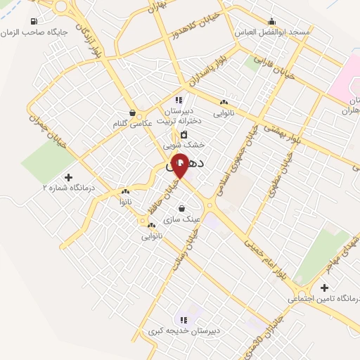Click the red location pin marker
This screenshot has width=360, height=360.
(180, 165)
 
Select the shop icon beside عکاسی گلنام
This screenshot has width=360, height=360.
(132, 112)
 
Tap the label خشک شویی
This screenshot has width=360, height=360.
(184, 144)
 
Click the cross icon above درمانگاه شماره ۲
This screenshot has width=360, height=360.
(68, 177)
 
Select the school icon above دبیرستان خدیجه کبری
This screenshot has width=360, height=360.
(184, 320)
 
